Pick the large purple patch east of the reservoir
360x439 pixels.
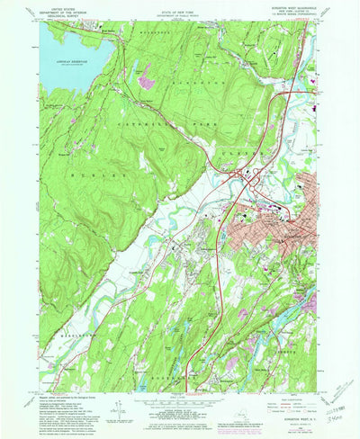143,85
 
